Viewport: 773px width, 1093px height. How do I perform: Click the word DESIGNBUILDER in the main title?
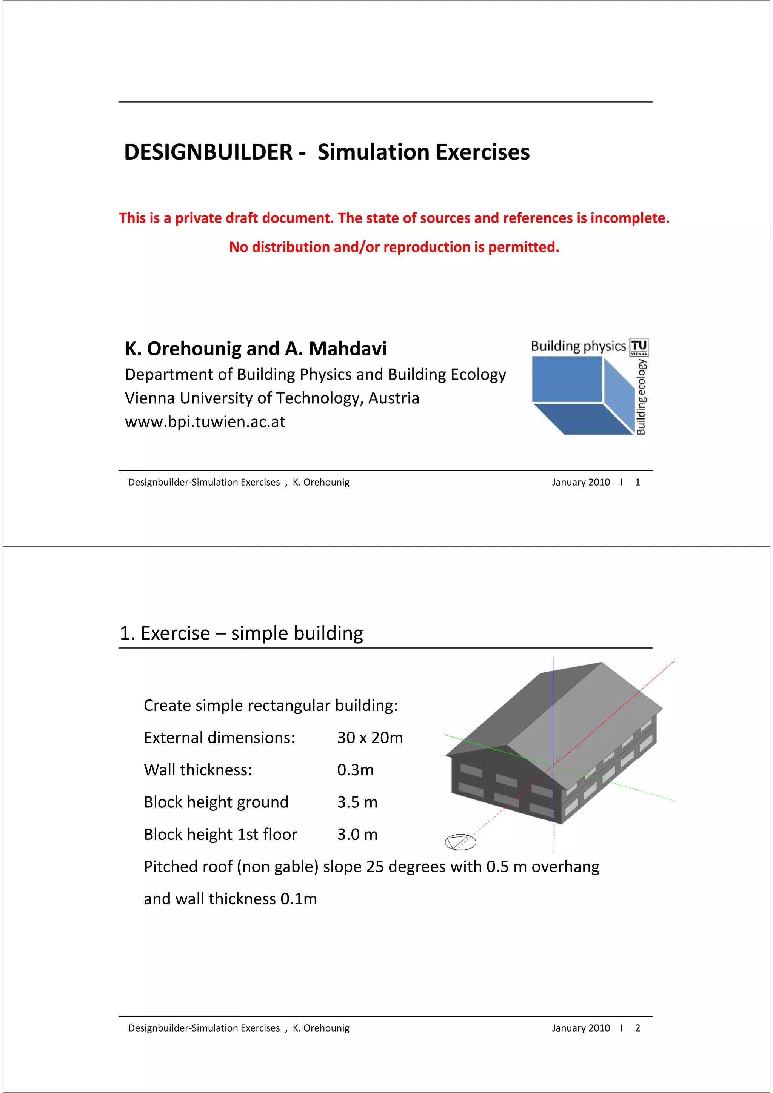pyautogui.click(x=208, y=152)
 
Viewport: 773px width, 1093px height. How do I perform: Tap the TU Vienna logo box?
pyautogui.click(x=639, y=347)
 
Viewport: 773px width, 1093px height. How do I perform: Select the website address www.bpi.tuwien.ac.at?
pyautogui.click(x=205, y=422)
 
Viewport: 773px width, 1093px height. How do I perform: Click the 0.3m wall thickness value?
pyautogui.click(x=355, y=770)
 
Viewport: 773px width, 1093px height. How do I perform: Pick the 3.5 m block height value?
pyautogui.click(x=357, y=802)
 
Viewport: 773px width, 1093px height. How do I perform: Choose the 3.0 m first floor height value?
pyautogui.click(x=357, y=835)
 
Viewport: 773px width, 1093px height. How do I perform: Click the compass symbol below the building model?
pyautogui.click(x=460, y=842)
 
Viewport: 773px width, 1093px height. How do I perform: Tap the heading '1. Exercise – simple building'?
pyautogui.click(x=241, y=633)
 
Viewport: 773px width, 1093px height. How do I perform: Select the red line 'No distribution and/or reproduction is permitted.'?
pyautogui.click(x=394, y=247)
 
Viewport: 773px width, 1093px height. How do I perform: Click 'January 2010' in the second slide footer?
pyautogui.click(x=581, y=1028)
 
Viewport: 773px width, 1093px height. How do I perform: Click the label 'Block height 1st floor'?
pyautogui.click(x=220, y=835)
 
